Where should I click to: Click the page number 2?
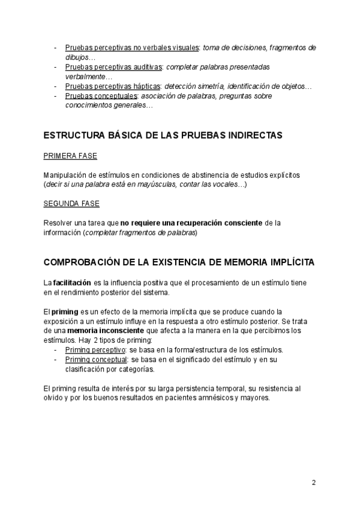tap(314, 483)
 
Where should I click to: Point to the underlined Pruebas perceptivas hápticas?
tap(113, 86)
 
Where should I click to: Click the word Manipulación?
tap(68, 175)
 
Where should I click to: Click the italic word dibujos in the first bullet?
tap(76, 57)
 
